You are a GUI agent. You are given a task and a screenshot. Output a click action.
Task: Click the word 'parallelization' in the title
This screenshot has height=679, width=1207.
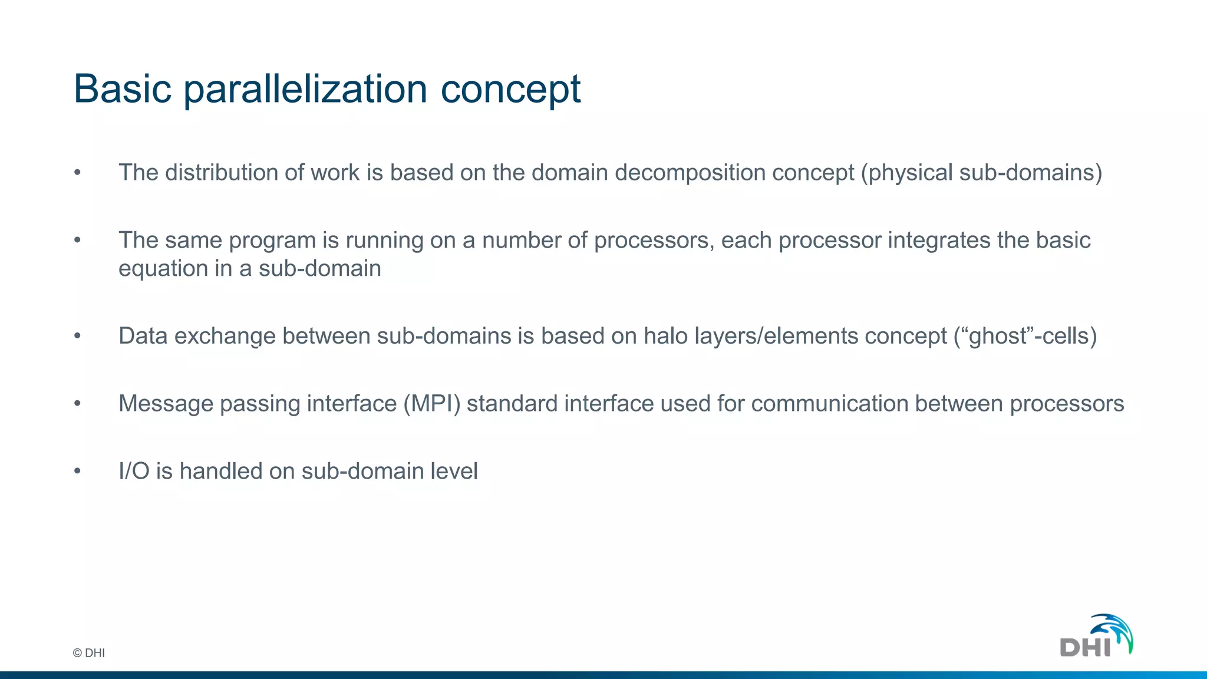coord(305,90)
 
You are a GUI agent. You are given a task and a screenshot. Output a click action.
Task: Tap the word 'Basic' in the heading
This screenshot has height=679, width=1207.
coord(122,90)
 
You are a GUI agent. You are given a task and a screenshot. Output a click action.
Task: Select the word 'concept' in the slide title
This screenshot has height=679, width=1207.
coord(510,90)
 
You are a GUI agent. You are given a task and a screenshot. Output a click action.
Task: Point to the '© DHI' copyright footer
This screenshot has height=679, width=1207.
coord(88,653)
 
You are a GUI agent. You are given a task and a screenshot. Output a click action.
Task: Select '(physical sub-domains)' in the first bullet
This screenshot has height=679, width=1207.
coord(981,173)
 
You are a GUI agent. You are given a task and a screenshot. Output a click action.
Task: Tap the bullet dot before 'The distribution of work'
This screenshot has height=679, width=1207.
coord(77,173)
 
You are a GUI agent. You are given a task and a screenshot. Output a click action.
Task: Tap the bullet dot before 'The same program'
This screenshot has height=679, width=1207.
coord(77,240)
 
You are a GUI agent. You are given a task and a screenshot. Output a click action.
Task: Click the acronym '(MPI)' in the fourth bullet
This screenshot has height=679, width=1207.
coord(431,404)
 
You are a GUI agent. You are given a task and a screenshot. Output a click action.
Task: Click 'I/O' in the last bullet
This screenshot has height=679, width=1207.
coord(134,472)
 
